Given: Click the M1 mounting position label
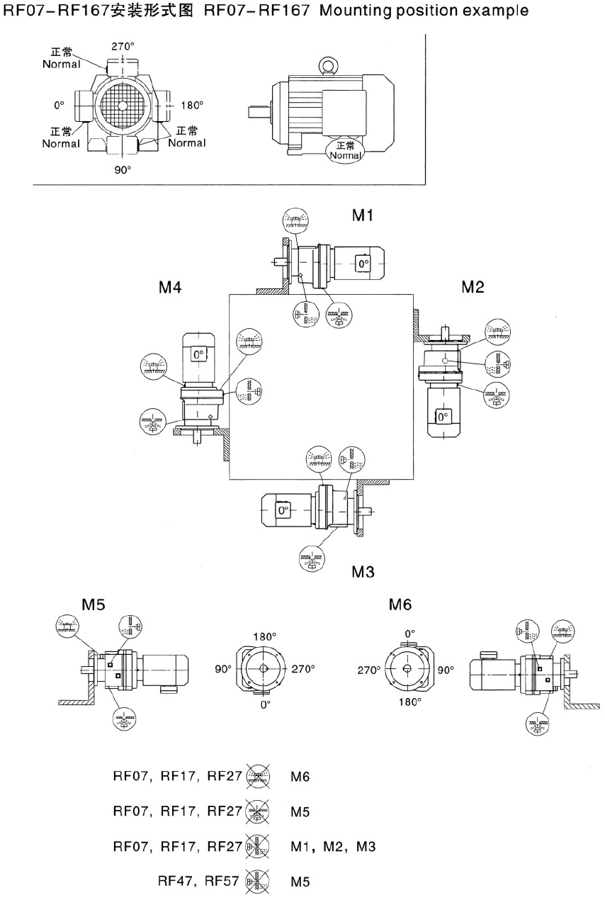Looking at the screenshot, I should tap(363, 215).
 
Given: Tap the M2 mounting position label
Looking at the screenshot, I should tap(473, 287).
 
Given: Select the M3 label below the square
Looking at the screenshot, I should tap(363, 572).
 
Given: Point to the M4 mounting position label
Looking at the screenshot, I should tap(170, 288).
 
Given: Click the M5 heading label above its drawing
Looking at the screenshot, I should tap(93, 604).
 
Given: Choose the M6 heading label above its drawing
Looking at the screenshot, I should tap(400, 604).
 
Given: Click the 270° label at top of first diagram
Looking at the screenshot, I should tap(123, 47).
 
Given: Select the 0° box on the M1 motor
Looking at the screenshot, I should tap(363, 264).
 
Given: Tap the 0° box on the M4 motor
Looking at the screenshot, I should tap(198, 353).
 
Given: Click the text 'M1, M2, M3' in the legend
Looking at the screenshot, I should tap(332, 846).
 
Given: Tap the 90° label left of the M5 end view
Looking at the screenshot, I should tap(225, 668).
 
